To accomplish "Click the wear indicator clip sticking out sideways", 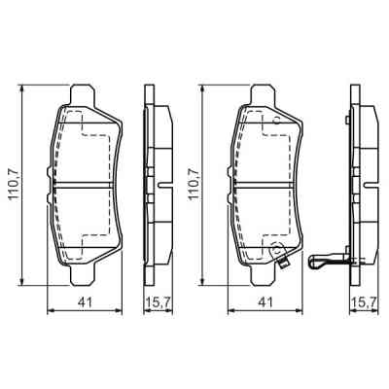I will (323, 262).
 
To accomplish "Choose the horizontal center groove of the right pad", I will (264, 181).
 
